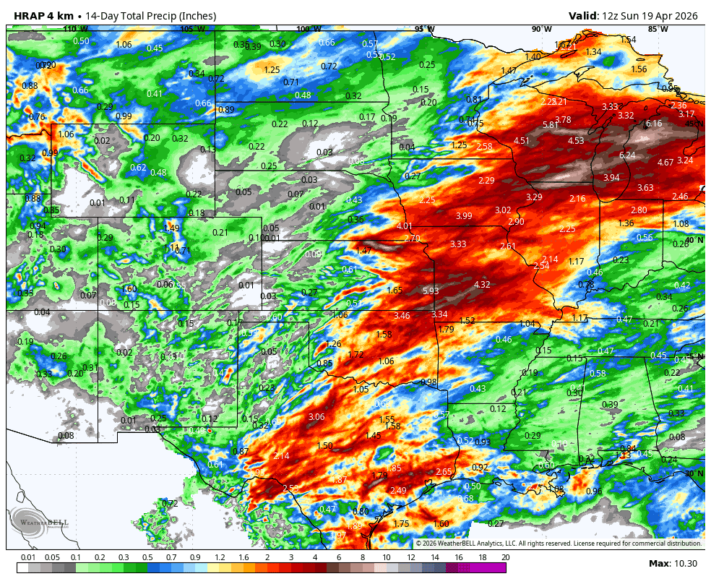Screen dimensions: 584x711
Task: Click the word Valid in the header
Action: tap(582, 16)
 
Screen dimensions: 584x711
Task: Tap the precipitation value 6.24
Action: tap(627, 155)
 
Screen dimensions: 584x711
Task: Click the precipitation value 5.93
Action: tap(431, 291)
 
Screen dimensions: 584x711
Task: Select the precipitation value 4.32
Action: tap(482, 285)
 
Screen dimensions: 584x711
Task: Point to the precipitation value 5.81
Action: tap(551, 125)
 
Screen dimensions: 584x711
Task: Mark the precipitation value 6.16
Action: tap(653, 124)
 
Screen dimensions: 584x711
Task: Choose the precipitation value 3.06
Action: tap(316, 417)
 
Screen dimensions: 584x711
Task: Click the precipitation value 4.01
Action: tap(405, 227)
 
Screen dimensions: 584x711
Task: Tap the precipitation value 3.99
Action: tap(464, 216)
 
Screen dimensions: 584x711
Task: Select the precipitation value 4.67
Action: tap(665, 163)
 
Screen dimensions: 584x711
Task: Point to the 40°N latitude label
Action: tap(695, 240)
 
